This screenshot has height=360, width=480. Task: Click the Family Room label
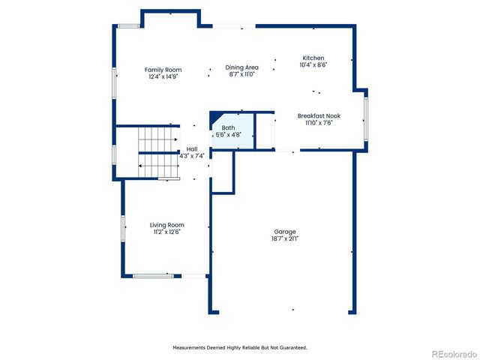click(x=163, y=70)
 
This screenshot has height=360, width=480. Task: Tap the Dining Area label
click(x=241, y=67)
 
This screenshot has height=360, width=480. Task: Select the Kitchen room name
click(x=313, y=58)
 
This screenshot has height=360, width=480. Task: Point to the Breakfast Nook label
click(x=319, y=116)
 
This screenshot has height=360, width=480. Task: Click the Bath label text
click(x=228, y=128)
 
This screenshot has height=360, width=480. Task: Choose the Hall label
click(x=192, y=149)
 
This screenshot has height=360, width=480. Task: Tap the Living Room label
click(x=166, y=225)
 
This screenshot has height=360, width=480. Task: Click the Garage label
click(x=284, y=232)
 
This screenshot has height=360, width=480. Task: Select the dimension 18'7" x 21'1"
click(x=284, y=238)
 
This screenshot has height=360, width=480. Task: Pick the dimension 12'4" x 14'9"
click(x=163, y=76)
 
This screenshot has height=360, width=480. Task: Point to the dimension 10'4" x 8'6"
click(x=313, y=64)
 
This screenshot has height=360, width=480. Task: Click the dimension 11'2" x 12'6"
click(x=166, y=232)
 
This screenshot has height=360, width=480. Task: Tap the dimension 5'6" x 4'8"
click(x=228, y=135)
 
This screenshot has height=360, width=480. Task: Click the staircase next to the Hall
click(x=157, y=152)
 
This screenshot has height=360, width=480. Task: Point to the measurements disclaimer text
click(x=240, y=347)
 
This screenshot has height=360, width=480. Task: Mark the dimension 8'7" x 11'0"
click(x=241, y=74)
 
